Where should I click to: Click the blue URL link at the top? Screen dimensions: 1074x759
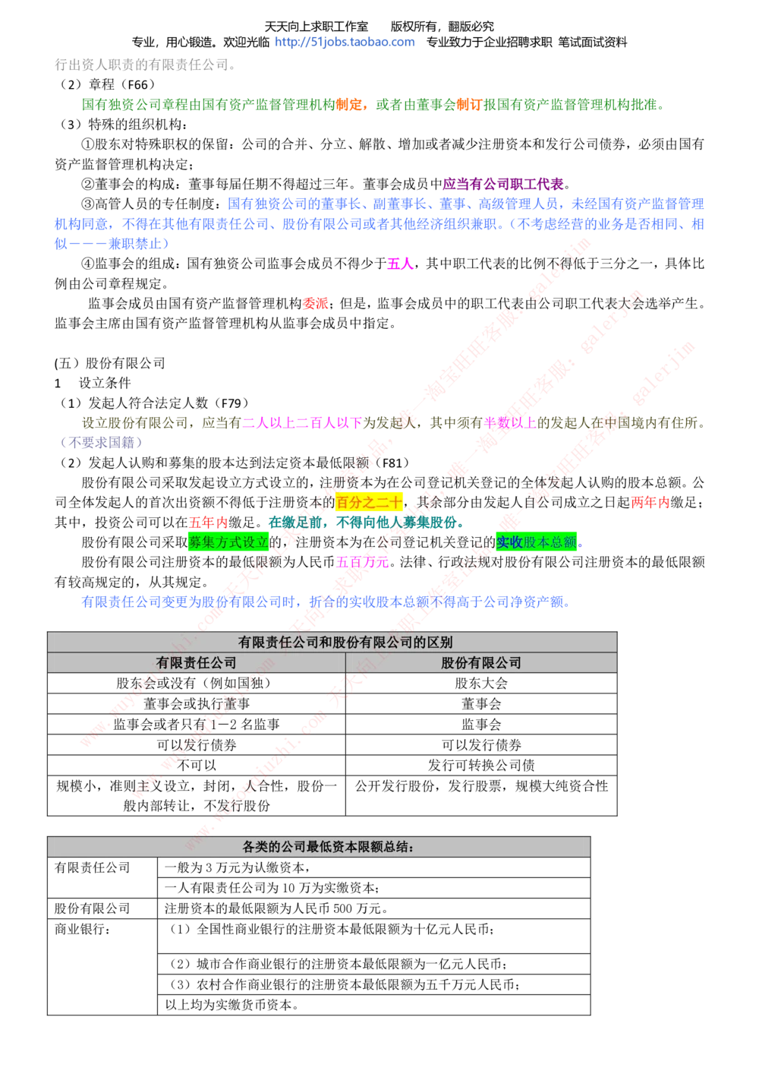pos(345,43)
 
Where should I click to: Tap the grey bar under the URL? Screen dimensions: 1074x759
pos(144,65)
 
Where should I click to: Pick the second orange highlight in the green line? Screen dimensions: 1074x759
pos(468,105)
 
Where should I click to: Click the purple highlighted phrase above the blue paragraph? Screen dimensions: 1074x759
pos(503,183)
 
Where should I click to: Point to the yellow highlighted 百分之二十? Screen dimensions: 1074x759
pos(370,502)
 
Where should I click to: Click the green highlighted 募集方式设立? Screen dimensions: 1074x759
pos(228,542)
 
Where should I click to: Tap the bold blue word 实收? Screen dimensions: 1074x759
pos(509,542)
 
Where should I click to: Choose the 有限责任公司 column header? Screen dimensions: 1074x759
pos(196,663)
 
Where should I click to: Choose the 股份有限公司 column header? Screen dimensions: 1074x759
pos(481,663)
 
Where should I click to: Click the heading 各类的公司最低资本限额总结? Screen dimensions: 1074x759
pos(328,847)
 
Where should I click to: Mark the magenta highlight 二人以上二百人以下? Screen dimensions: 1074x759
pos(302,422)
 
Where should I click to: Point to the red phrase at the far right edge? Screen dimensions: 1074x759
pos(649,502)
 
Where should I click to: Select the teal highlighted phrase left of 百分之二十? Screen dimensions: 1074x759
pos(298,523)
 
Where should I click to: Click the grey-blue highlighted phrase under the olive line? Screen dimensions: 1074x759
pos(102,441)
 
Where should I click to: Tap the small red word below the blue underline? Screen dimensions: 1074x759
pos(315,303)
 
